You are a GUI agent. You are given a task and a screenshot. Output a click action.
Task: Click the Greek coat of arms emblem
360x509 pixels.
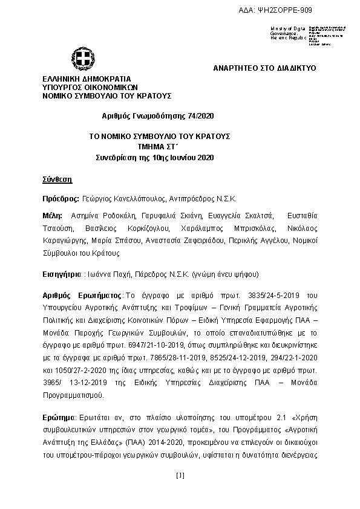(82, 59)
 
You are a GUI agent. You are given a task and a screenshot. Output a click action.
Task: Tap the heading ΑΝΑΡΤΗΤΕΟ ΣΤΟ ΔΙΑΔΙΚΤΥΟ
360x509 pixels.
(264, 68)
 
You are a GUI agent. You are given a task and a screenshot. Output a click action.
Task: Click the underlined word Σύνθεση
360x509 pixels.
(57, 180)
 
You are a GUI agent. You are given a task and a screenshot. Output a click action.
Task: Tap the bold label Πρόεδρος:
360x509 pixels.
(61, 198)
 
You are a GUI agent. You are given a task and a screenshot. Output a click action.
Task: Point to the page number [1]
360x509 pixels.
(180, 476)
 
